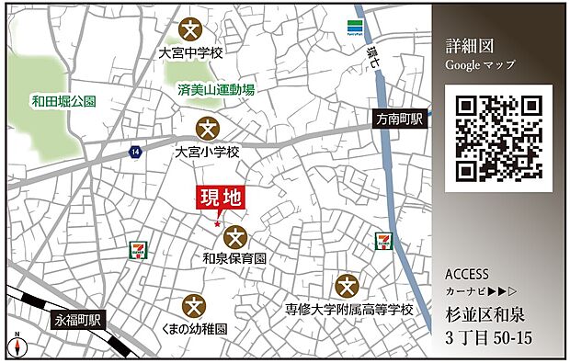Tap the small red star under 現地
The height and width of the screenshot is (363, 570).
[x=218, y=223]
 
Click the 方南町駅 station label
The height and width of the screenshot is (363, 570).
[x=398, y=119]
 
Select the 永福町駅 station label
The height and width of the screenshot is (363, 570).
[x=78, y=321]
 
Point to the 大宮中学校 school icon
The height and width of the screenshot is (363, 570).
[x=192, y=28]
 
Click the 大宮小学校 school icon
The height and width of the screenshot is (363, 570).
[x=207, y=127]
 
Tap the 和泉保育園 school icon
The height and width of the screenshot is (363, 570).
[x=235, y=237]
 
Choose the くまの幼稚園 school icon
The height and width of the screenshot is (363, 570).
[x=194, y=304]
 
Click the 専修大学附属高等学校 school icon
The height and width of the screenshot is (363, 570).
[x=348, y=285]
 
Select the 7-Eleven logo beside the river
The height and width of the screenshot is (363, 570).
[x=383, y=243]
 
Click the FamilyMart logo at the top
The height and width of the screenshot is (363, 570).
[x=354, y=28]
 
